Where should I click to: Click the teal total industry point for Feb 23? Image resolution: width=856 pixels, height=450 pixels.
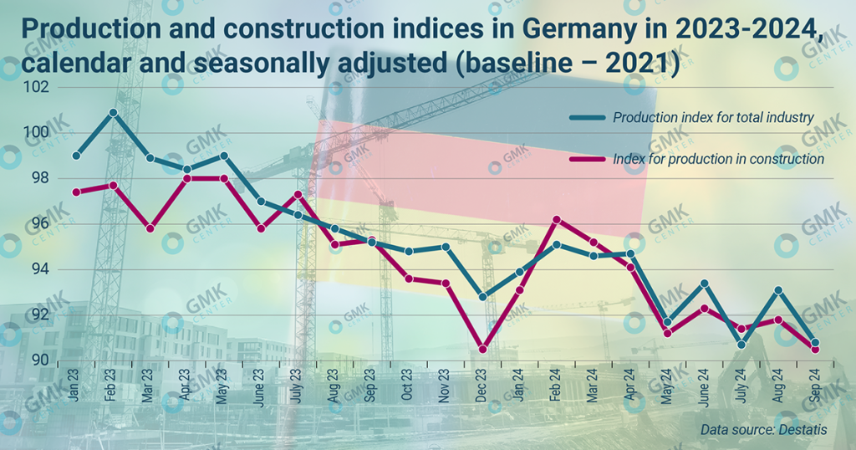113,112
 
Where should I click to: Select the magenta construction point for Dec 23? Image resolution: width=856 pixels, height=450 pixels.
482,350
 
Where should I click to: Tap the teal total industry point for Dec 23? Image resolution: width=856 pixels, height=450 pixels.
482,297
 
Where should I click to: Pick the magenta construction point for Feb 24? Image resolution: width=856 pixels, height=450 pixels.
557,219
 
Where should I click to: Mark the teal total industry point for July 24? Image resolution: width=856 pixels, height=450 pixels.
741,344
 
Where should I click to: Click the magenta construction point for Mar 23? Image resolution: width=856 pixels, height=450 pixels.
150,228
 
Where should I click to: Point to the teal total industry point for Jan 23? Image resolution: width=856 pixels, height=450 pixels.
76,156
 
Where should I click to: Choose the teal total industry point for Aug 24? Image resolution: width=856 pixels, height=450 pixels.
778,290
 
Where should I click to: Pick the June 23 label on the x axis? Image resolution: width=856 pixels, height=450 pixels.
259,390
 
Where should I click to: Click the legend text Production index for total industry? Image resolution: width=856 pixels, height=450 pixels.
713,118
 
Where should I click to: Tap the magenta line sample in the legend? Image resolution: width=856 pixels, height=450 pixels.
588,159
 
